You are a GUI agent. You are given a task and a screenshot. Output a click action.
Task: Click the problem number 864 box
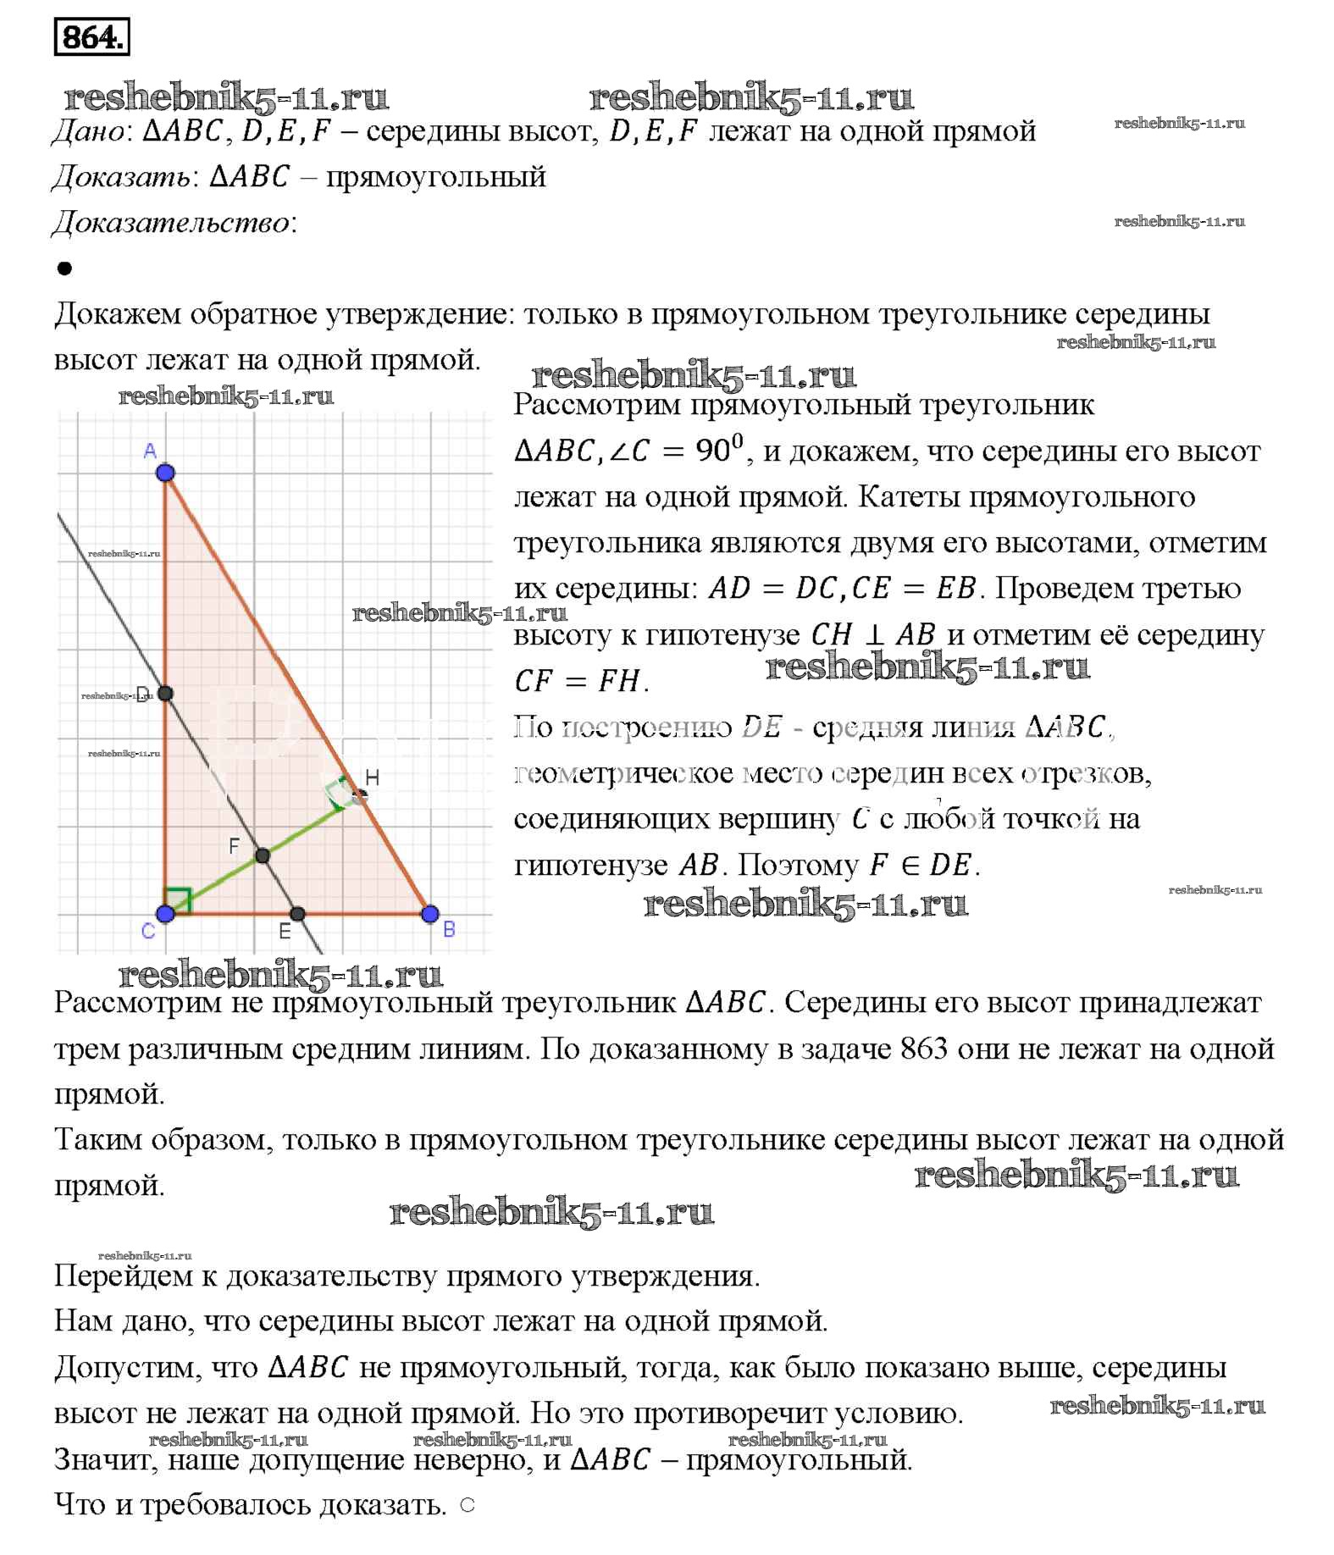pyautogui.click(x=91, y=36)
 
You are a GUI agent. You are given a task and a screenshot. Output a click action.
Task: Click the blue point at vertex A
pyautogui.click(x=165, y=472)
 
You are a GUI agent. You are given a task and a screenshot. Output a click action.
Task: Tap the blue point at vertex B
pyautogui.click(x=429, y=914)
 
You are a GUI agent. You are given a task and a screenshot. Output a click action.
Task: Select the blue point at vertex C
pyautogui.click(x=165, y=914)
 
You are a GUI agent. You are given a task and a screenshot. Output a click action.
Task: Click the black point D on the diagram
pyautogui.click(x=165, y=694)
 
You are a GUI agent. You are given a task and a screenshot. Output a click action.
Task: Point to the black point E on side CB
pyautogui.click(x=297, y=914)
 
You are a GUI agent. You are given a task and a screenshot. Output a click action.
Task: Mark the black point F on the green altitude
pyautogui.click(x=263, y=856)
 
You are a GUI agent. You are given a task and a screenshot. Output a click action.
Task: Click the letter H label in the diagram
pyautogui.click(x=372, y=778)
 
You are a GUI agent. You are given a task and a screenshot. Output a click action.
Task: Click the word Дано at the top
pyautogui.click(x=88, y=131)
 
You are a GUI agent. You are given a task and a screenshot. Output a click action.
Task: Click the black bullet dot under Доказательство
pyautogui.click(x=64, y=268)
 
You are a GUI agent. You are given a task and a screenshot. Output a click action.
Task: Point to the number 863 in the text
pyautogui.click(x=923, y=1049)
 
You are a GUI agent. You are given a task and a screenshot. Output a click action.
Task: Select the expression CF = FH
pyautogui.click(x=581, y=680)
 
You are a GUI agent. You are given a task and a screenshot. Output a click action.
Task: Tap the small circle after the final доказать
pyautogui.click(x=468, y=1505)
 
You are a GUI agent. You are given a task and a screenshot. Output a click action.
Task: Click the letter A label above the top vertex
pyautogui.click(x=150, y=451)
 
